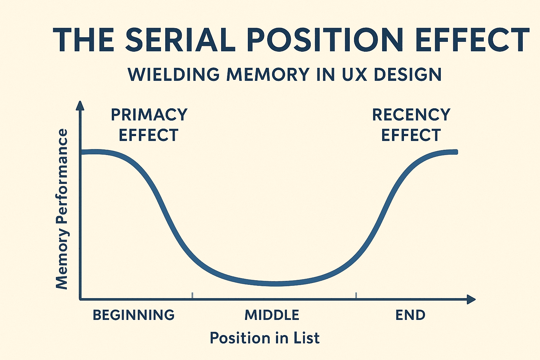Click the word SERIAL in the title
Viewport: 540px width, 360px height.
coord(180,40)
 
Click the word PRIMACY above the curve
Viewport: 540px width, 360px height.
coord(149,115)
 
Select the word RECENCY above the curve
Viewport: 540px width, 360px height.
coord(411,115)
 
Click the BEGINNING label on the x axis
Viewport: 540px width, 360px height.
coord(134,315)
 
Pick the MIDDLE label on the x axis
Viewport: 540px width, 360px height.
coord(272,315)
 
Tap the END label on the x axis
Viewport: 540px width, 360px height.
coord(410,315)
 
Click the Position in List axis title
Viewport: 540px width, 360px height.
coord(265,337)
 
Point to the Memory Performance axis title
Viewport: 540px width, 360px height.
coord(62,209)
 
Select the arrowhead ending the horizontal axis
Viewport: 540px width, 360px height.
coord(471,300)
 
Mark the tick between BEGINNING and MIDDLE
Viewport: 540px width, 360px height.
coord(192,296)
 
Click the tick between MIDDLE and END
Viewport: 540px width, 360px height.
coord(356,296)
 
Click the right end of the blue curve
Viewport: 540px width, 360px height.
coord(456,152)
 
